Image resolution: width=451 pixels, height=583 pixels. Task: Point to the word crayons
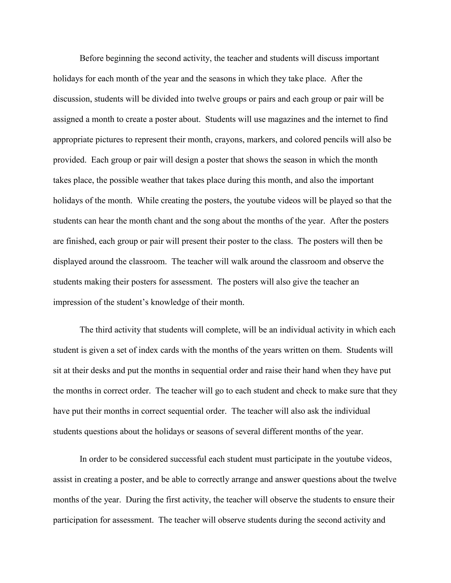[231, 140]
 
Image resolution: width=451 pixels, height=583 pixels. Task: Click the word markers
[262, 140]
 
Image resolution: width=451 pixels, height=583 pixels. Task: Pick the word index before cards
[148, 350]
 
